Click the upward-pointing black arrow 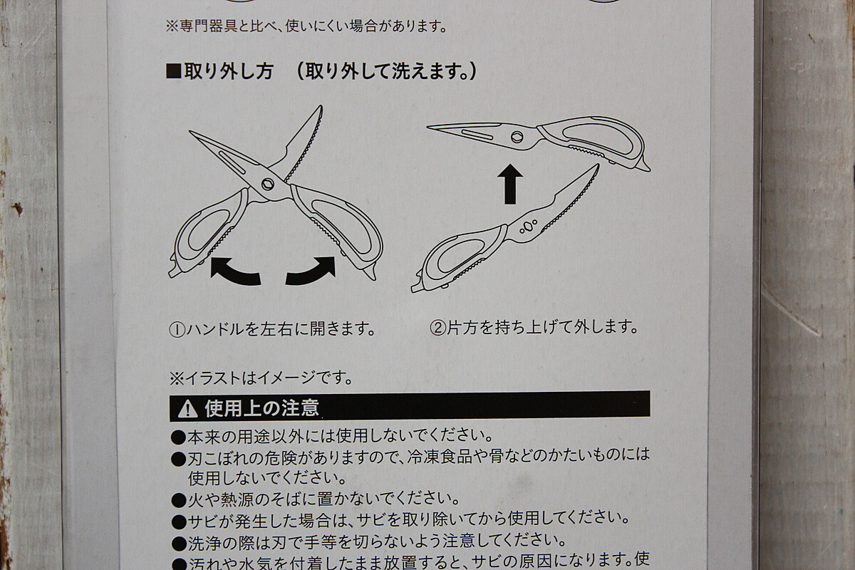[510, 184]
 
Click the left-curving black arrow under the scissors [234, 272]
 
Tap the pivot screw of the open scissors [268, 184]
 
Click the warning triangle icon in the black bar [188, 409]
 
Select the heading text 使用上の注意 [261, 408]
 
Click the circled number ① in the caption [177, 330]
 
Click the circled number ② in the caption [437, 328]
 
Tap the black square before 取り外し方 [174, 72]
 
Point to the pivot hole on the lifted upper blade [517, 137]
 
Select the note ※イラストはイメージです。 [261, 378]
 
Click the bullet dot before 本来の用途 [178, 437]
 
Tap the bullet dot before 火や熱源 [178, 499]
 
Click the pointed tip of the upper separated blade [427, 127]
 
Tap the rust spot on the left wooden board [17, 209]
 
